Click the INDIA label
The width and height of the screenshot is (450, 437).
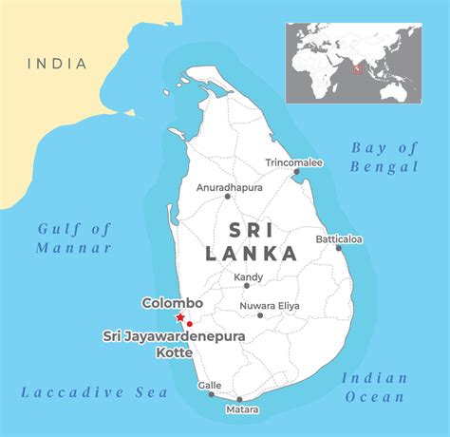point(57,65)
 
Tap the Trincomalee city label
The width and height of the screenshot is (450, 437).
point(294,162)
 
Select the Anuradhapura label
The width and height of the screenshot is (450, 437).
point(228,187)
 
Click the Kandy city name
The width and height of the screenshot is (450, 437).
point(248,277)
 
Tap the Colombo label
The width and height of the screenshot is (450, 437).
point(173,303)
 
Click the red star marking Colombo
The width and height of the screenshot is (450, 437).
point(180,317)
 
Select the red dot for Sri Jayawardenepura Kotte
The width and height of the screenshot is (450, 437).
point(191,324)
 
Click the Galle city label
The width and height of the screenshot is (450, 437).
point(209,385)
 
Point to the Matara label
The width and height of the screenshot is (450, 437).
point(240,410)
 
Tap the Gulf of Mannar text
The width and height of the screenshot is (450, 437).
point(75,237)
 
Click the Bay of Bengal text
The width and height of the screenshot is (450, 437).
point(384,157)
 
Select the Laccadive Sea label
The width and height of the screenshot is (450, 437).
point(95,392)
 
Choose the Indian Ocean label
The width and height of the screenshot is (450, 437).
point(375,387)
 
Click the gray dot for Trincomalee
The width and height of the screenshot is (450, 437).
point(297,173)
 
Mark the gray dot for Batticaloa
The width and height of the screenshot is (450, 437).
point(339,249)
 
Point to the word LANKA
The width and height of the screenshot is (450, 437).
point(251,254)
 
